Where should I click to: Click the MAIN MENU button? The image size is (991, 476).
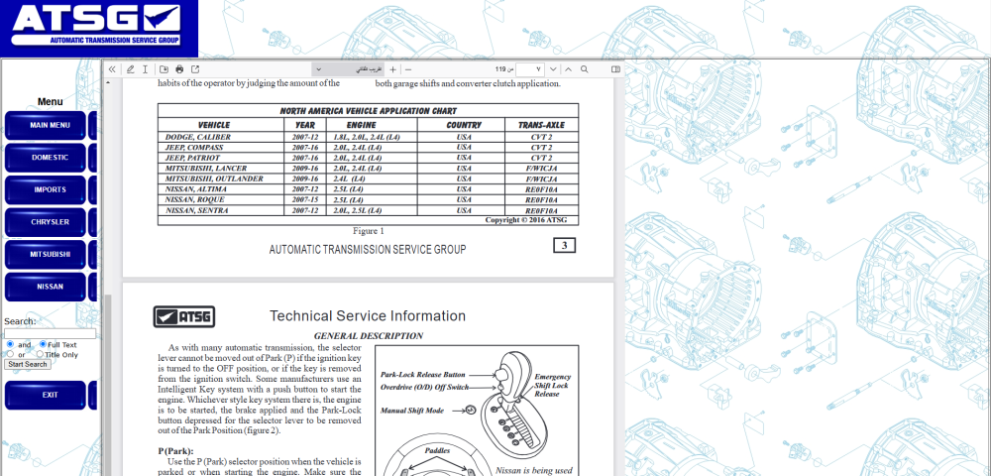(50, 126)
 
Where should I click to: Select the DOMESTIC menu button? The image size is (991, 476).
(50, 158)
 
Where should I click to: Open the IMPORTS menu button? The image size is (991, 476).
(50, 189)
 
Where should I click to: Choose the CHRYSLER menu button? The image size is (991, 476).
(50, 222)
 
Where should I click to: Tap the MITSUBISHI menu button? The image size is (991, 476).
(50, 255)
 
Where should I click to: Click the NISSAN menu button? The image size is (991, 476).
(50, 287)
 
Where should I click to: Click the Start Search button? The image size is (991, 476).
(28, 364)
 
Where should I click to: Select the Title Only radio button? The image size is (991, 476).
(41, 354)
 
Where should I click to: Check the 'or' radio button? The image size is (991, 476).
(10, 354)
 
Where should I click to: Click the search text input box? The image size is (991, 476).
(50, 334)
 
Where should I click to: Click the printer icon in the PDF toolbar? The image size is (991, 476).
(179, 69)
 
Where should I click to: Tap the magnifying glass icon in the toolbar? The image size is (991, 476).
(585, 69)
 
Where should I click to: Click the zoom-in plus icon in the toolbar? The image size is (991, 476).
(393, 69)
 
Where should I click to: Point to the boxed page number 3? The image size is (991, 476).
(564, 246)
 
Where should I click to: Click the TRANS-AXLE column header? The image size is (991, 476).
(541, 125)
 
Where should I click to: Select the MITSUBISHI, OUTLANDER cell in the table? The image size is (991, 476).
(215, 178)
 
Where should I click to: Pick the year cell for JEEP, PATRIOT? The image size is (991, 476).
(305, 158)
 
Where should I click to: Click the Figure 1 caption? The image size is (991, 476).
(369, 231)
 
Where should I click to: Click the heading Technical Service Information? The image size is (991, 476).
(368, 316)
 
